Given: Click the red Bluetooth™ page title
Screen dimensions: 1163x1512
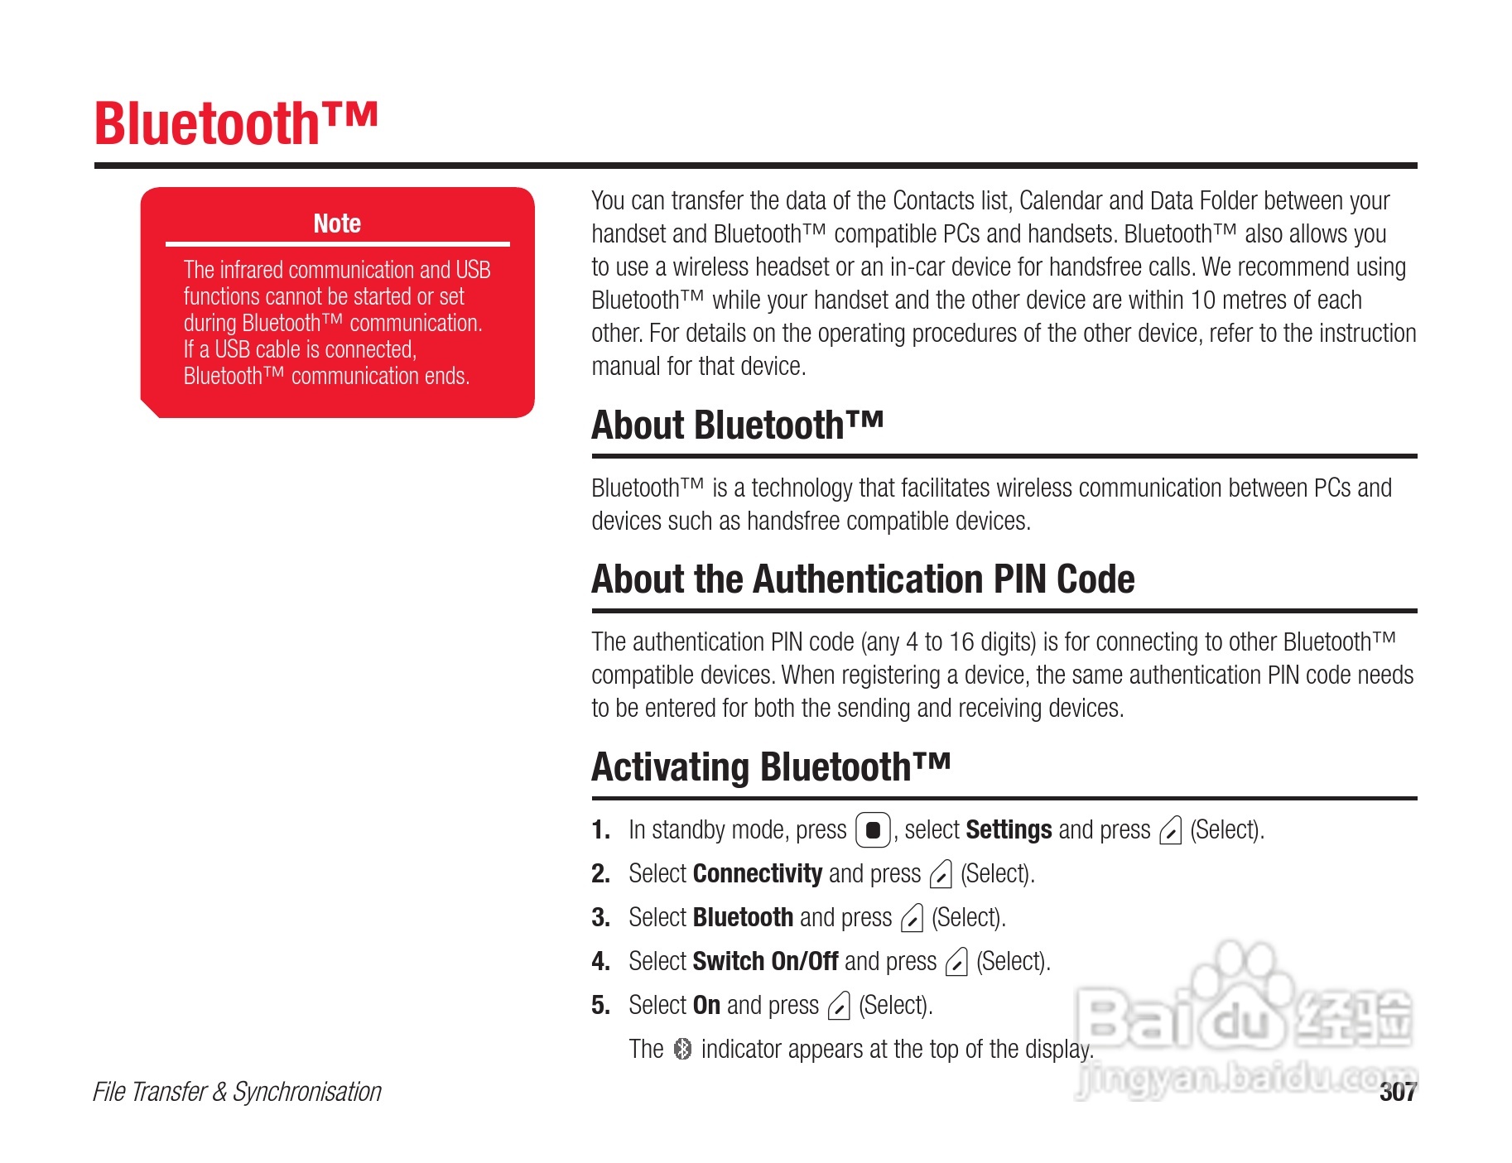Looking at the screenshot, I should (x=236, y=124).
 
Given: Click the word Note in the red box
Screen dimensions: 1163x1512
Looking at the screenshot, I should (x=337, y=223).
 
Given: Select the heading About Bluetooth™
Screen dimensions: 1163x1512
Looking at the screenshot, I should (x=737, y=425).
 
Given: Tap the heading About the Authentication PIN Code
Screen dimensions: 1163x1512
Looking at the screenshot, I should (x=863, y=579).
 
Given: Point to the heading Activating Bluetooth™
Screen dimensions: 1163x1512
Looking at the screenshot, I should (x=771, y=767).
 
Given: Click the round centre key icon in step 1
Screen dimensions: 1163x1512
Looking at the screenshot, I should (x=873, y=830).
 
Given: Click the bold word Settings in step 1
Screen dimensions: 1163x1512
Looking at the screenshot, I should (x=1009, y=829).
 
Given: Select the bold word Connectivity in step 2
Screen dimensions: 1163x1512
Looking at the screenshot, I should (x=757, y=873).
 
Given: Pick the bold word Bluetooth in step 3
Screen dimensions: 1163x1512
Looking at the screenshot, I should (x=743, y=917).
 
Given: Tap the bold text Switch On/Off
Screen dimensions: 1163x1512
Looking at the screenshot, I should (x=765, y=961).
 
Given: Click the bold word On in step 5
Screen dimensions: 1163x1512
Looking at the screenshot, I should (x=706, y=1005).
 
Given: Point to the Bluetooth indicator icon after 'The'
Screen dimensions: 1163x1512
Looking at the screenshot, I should (x=682, y=1049).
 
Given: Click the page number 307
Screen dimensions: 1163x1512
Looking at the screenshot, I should (x=1398, y=1092).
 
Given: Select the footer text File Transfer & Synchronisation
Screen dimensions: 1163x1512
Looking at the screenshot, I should (x=237, y=1092).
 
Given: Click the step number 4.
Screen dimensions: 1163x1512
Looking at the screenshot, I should (x=600, y=961).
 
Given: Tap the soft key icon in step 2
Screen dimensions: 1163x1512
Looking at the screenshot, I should (x=941, y=874).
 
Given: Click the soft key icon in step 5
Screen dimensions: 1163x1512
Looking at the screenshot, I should (x=839, y=1006).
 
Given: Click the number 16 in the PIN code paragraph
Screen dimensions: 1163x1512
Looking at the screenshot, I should (x=961, y=642).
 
